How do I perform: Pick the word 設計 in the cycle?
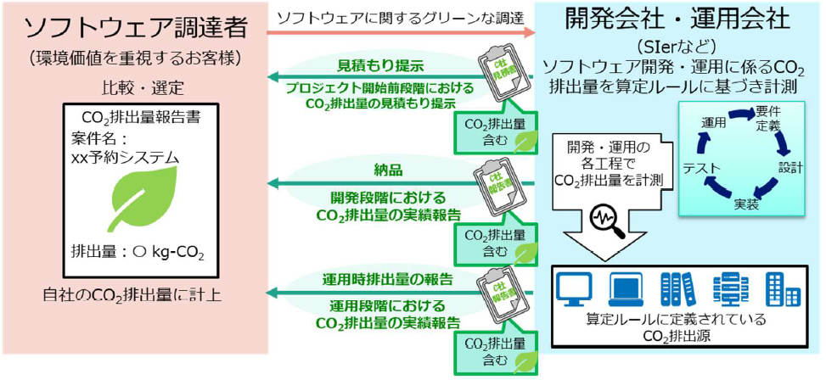[789, 167]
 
